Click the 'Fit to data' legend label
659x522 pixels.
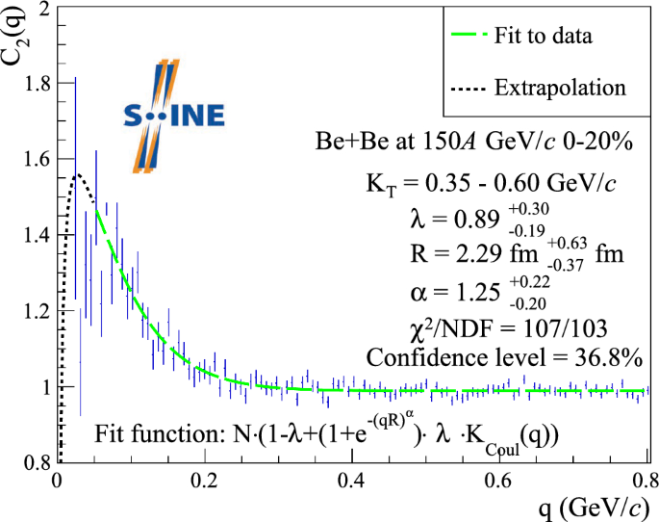(544, 37)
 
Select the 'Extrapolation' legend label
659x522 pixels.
(559, 88)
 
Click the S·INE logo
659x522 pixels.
(172, 116)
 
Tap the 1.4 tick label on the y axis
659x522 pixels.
(35, 236)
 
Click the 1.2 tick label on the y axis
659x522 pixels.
(35, 311)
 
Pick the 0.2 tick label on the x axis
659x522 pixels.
(204, 480)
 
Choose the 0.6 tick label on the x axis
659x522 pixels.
(499, 480)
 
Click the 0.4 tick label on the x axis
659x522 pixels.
(352, 480)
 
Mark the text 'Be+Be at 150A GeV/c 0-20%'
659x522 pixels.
(473, 143)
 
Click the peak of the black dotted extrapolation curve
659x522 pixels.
(77, 175)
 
